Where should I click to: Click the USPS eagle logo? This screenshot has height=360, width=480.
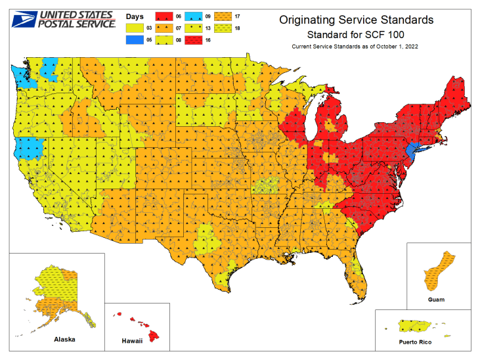pos(22,19)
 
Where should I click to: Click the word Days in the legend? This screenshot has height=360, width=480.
pos(135,15)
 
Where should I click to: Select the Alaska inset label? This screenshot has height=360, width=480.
pos(64,340)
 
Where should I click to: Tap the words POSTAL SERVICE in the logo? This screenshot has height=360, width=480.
pos(76,24)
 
